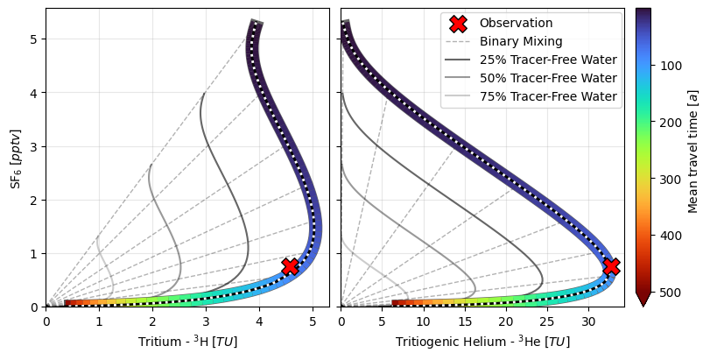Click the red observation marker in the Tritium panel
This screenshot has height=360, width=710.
290,266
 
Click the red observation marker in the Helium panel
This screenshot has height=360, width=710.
611,266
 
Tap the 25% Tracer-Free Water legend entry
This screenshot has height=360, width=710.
547,60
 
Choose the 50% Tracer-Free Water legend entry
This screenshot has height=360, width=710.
547,79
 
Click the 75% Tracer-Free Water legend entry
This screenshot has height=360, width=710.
547,97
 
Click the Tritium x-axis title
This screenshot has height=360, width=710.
188,342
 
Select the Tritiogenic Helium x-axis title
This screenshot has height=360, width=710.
482,342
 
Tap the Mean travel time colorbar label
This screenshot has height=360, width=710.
692,151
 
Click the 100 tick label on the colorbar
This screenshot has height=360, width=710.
671,67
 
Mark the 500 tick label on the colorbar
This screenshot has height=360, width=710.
671,292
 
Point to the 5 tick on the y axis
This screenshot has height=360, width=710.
36,39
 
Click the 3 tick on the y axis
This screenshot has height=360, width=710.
36,147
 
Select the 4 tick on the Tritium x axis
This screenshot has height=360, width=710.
259,321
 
